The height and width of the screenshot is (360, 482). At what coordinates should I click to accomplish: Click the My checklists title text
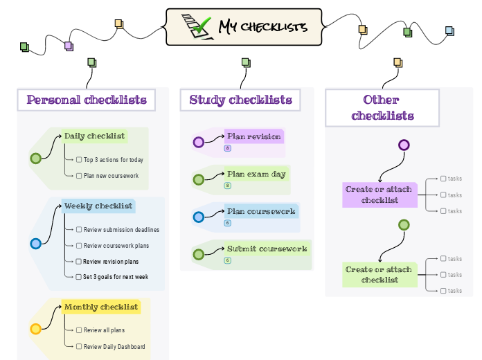click(262, 27)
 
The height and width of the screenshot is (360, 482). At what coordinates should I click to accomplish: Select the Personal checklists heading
click(87, 100)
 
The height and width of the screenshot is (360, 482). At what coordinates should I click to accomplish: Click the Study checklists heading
click(240, 100)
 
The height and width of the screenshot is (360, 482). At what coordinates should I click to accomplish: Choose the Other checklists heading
click(382, 108)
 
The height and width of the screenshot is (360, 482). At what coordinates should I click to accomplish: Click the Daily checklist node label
click(94, 136)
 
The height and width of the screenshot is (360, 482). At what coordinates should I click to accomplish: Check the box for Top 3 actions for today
click(79, 160)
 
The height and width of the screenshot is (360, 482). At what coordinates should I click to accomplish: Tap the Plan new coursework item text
click(111, 176)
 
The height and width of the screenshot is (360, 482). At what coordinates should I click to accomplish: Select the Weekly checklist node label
click(98, 206)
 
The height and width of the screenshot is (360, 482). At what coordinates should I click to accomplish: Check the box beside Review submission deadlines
click(79, 230)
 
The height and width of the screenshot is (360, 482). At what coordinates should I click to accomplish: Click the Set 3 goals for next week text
click(116, 277)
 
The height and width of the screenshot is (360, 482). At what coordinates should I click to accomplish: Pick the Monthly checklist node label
click(101, 307)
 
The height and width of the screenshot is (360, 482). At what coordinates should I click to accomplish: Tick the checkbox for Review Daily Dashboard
click(79, 347)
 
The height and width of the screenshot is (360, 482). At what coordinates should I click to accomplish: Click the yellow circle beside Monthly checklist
click(36, 329)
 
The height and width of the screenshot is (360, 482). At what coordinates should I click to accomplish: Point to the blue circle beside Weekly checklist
click(36, 243)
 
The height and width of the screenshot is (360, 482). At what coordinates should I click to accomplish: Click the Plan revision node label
click(253, 136)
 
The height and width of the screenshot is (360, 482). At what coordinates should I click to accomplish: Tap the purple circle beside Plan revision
click(199, 143)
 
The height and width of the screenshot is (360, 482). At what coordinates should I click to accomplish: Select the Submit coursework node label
click(267, 249)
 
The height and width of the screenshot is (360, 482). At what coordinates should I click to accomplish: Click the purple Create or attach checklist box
click(379, 195)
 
